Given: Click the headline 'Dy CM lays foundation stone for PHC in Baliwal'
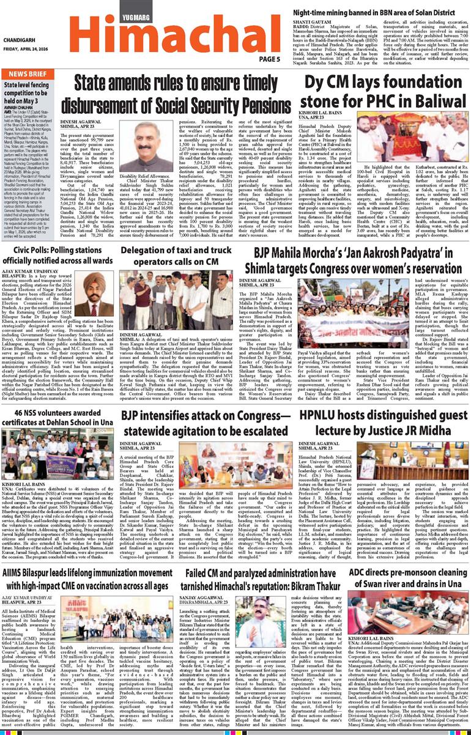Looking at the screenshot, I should (383, 91).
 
